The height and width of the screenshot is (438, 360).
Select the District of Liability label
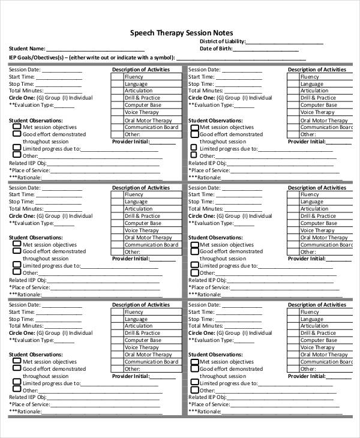click(222, 41)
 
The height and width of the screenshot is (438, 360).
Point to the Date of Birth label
click(215, 49)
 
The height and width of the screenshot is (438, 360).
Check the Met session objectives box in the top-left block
click(16, 127)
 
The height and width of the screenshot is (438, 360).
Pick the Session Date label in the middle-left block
click(25, 188)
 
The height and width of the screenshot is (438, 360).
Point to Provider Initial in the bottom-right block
click(307, 376)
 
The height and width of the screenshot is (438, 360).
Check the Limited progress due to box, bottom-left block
click(16, 383)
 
